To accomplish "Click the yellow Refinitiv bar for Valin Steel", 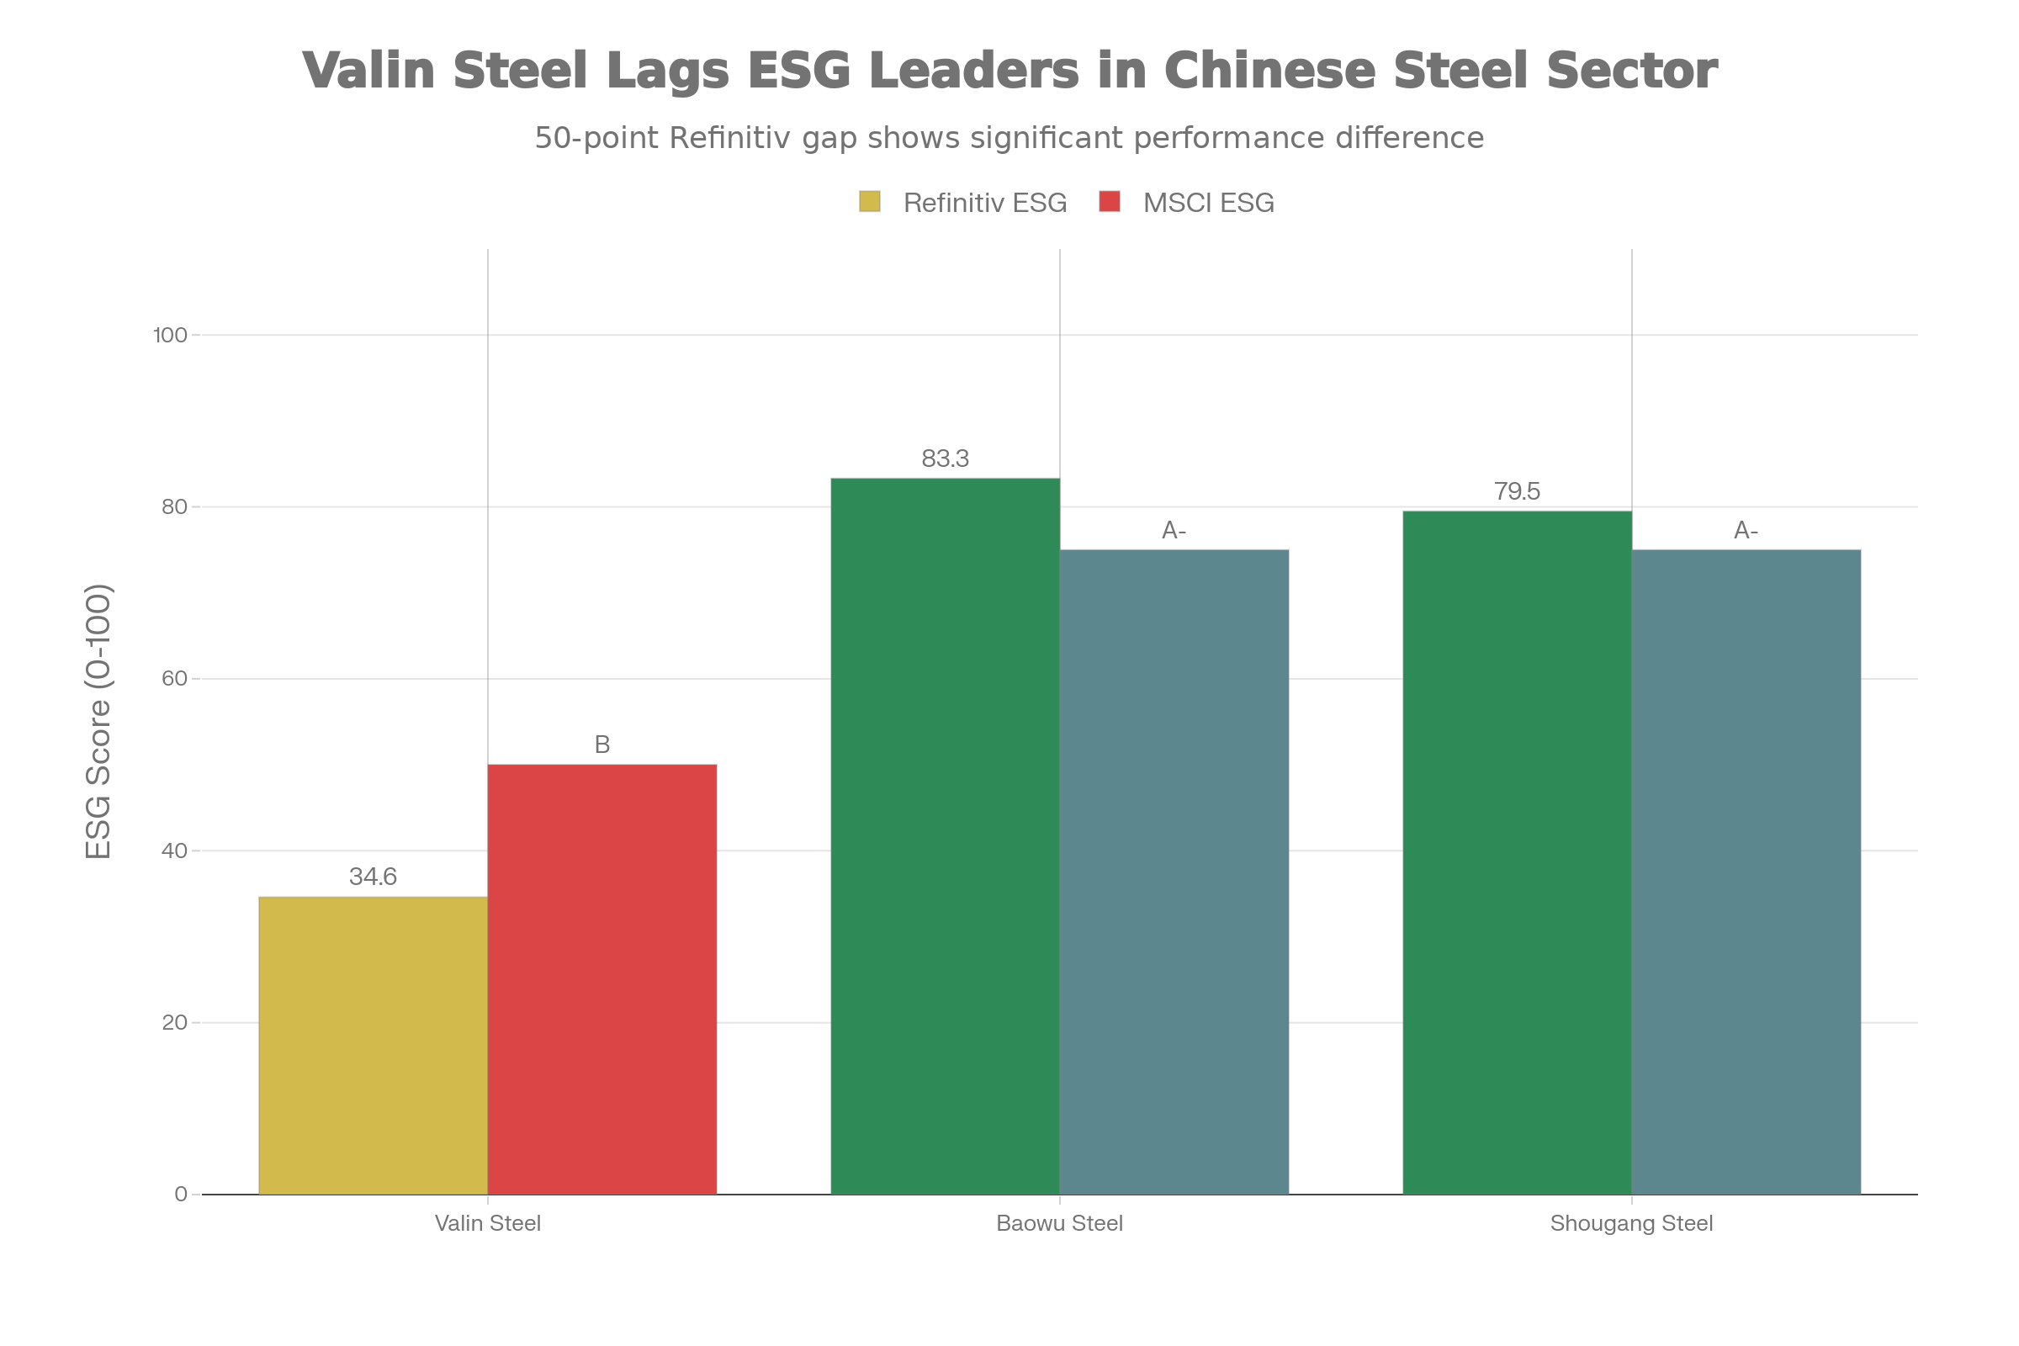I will (x=374, y=1045).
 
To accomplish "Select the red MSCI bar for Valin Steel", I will (x=601, y=978).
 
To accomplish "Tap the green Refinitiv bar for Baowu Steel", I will (x=944, y=835).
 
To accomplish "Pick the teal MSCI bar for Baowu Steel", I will (x=1174, y=871).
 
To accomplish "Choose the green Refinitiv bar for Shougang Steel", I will (x=1517, y=851).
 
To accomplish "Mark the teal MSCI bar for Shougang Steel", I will (x=1746, y=871).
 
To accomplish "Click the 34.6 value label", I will (x=374, y=877).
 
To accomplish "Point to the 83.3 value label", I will (x=944, y=459).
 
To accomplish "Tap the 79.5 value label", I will (x=1517, y=491).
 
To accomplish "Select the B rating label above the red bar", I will (x=601, y=745).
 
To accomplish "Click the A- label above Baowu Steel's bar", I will (x=1174, y=531).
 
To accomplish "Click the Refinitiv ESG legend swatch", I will (x=870, y=203).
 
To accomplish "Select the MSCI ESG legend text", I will (x=1208, y=203).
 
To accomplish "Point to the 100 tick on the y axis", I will (x=170, y=335).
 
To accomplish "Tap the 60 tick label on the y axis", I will (x=174, y=678).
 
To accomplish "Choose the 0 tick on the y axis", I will (x=180, y=1194).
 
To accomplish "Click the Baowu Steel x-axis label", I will (x=1059, y=1223).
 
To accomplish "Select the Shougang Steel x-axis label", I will (x=1631, y=1223).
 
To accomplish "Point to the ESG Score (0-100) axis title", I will (x=98, y=721).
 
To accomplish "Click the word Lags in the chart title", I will (x=668, y=71).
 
